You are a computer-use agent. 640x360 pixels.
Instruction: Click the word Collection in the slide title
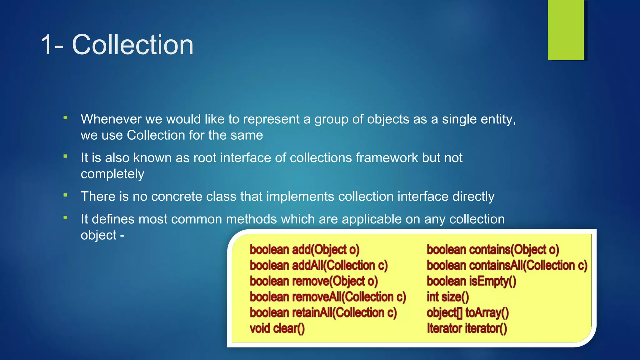132,45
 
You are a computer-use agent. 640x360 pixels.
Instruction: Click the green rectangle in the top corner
566,30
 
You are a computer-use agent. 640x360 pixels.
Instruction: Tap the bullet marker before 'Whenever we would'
65,118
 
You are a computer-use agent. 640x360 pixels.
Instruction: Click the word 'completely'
112,174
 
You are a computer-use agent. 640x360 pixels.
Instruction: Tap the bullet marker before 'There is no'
65,195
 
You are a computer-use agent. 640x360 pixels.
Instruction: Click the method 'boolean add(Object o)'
305,250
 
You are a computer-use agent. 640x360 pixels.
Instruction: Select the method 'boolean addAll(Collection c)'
318,265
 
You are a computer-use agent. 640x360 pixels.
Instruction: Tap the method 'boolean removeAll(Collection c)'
328,297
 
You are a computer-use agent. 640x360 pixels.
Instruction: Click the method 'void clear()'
277,328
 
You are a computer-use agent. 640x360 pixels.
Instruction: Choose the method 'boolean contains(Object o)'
493,250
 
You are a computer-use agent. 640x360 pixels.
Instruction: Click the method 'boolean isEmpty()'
471,281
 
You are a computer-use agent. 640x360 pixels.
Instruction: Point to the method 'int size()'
447,297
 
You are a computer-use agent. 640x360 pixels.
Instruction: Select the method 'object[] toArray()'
467,313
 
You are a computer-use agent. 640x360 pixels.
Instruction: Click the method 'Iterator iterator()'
467,328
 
